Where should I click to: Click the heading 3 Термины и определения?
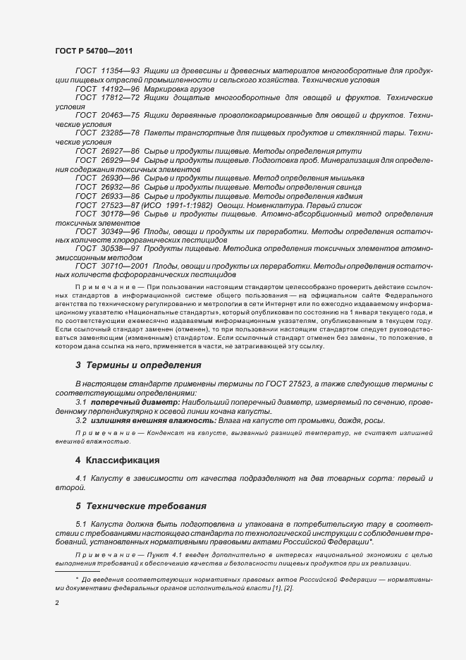coord(138,365)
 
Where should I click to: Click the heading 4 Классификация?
coord(118,460)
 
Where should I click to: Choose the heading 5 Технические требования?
coord(140,506)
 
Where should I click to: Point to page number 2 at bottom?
coord(56,603)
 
